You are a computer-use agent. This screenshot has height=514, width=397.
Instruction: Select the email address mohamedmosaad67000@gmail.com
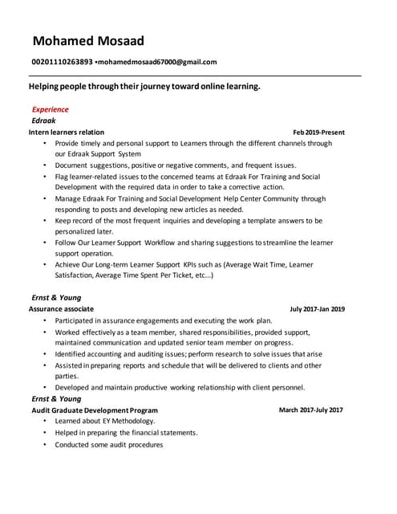(x=157, y=62)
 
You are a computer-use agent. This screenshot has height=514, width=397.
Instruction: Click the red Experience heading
(x=50, y=109)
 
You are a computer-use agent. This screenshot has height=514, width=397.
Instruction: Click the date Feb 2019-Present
(x=318, y=132)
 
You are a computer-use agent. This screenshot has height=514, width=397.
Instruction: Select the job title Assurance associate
(x=61, y=308)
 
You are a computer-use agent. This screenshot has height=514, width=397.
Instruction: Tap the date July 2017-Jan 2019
(x=318, y=308)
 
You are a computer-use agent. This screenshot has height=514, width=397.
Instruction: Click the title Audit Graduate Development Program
(x=93, y=410)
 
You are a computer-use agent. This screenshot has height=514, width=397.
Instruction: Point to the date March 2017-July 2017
(x=310, y=410)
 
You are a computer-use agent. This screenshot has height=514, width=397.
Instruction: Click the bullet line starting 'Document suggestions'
(x=176, y=165)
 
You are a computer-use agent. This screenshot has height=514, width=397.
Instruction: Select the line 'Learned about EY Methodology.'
(x=105, y=421)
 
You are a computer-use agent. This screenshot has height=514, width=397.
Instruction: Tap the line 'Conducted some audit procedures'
(x=108, y=444)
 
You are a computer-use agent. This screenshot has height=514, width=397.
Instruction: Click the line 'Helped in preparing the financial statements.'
(x=126, y=433)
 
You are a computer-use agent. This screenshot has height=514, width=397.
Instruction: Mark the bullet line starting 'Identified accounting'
(x=188, y=353)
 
